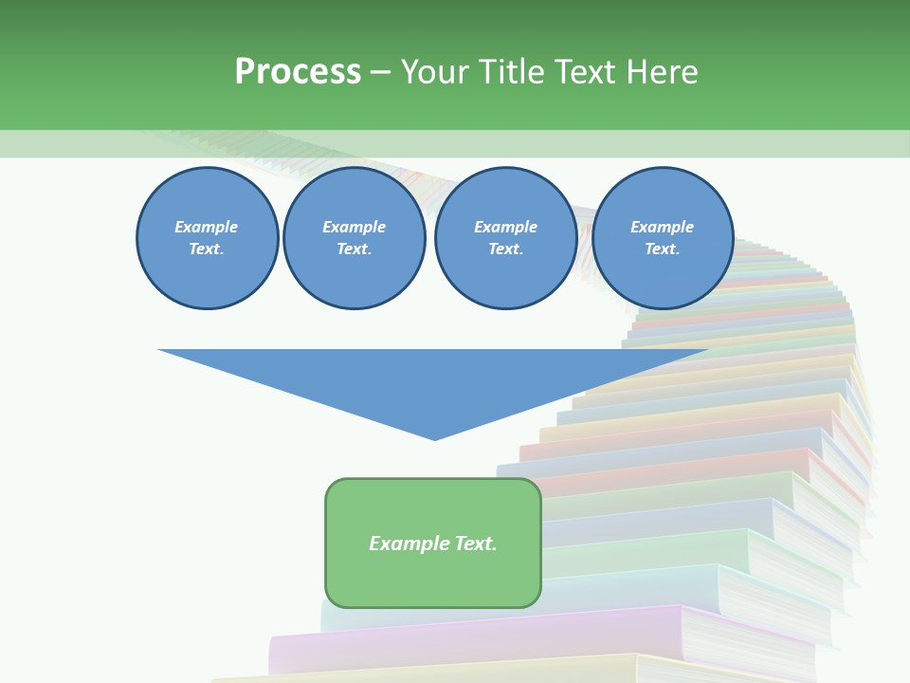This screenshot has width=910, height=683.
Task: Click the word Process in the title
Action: point(298,72)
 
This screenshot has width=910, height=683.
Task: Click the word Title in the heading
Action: point(508,72)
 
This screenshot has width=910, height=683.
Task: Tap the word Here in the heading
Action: point(660,72)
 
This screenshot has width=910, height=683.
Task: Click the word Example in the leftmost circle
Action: point(207,227)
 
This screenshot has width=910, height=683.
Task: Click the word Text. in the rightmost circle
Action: point(662,249)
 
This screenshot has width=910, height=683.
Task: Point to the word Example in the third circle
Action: point(505,227)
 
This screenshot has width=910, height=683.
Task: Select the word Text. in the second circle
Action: point(354,249)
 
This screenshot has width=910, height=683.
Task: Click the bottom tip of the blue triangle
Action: point(434,437)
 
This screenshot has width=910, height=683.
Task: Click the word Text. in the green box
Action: point(474,544)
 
